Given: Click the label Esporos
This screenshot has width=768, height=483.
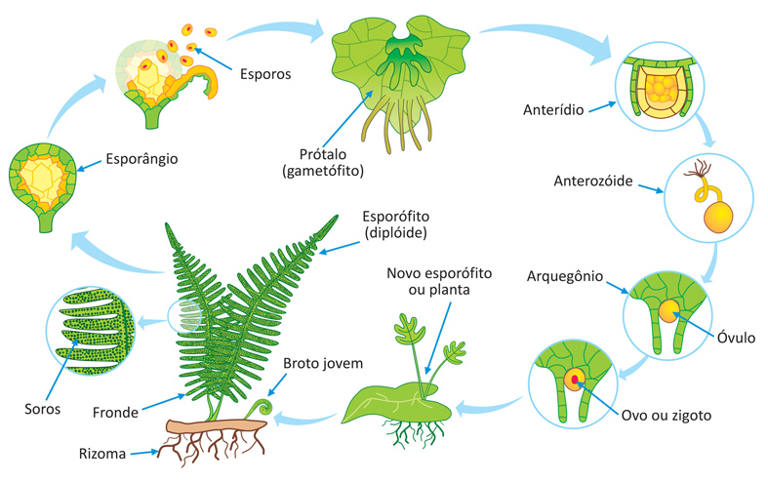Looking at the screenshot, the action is pos(265,74).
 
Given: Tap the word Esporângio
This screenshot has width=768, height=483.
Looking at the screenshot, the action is pos(142,159).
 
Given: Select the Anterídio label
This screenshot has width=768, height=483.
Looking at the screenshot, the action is pos(553,109).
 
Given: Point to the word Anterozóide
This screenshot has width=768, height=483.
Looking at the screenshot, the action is pos(593,181).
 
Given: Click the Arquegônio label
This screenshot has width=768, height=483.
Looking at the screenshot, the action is pos(565,276).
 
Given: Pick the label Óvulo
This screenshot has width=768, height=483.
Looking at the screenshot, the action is pos(736,338).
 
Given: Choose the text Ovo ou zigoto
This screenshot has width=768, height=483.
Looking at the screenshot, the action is pos(667,416).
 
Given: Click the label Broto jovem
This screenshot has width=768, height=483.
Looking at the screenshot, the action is pos(323,364).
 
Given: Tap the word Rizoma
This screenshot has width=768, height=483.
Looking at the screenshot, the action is pos(102,454).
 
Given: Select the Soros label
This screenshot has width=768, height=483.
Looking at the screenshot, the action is pos(43,409).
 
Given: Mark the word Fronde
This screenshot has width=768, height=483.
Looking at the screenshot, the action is pos(115,413).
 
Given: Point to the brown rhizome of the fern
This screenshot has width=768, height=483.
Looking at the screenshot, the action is pos(216,426).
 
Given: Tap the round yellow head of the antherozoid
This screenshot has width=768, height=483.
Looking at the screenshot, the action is pos(718,218).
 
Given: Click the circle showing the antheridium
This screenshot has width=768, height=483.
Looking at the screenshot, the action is pos(660,87).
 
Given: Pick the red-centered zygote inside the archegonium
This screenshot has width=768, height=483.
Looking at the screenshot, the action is pos(575,380).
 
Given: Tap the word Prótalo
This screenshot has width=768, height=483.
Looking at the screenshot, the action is pos(323,154).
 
